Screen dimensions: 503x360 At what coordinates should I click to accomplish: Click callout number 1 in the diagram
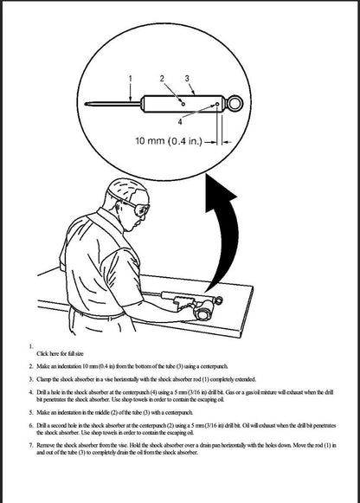pos(130,79)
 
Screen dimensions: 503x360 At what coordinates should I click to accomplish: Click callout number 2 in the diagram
pos(162,79)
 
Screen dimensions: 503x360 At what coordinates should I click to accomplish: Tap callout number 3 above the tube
pos(188,79)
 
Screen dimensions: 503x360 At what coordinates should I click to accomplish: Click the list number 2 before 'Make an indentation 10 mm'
pos(30,367)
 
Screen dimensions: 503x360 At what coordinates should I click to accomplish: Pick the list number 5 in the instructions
pos(30,414)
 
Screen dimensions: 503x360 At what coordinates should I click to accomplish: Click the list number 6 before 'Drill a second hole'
pos(30,427)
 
